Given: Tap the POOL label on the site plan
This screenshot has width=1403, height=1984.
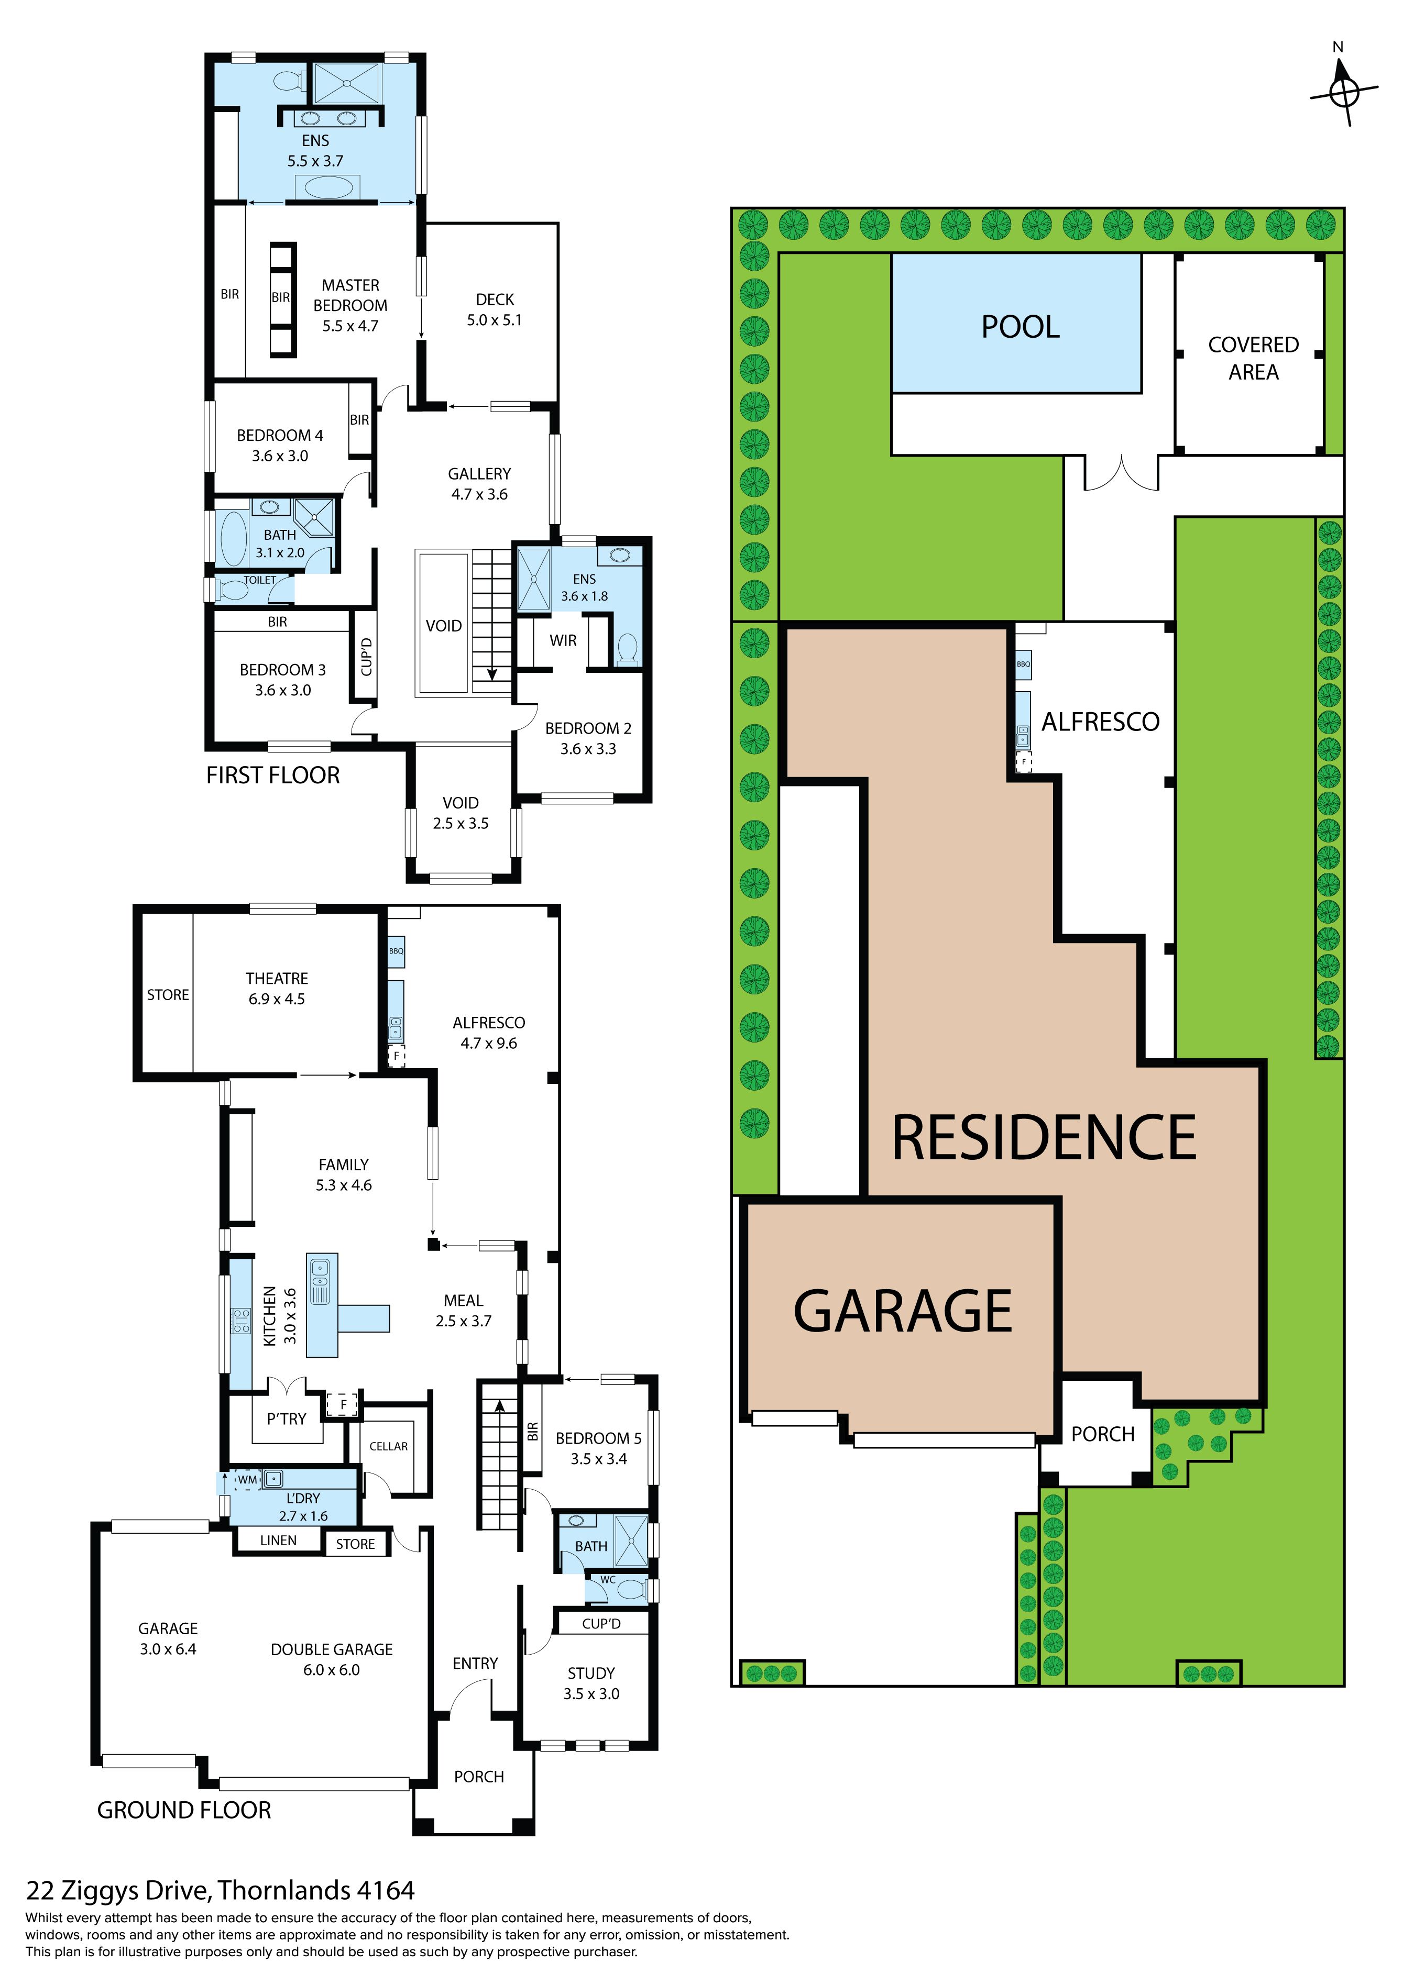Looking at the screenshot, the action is click(x=1020, y=327).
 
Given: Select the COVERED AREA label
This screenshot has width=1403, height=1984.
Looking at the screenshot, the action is click(x=1254, y=358).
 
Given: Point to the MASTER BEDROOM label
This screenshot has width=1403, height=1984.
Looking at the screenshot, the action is click(x=350, y=295).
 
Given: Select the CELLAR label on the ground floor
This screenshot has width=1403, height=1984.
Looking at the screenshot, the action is click(x=388, y=1446).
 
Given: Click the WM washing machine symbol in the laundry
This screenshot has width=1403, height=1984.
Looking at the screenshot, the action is click(x=247, y=1479).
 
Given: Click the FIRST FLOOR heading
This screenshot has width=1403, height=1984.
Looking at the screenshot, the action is click(x=273, y=775).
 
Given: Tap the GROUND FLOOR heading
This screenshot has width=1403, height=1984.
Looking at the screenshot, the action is click(x=184, y=1810).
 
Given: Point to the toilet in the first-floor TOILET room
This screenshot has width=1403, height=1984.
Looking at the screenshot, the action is click(x=231, y=590).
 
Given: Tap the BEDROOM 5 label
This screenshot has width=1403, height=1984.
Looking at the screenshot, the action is click(x=598, y=1438).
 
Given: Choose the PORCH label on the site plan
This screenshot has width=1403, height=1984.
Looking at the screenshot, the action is click(x=1102, y=1434).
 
